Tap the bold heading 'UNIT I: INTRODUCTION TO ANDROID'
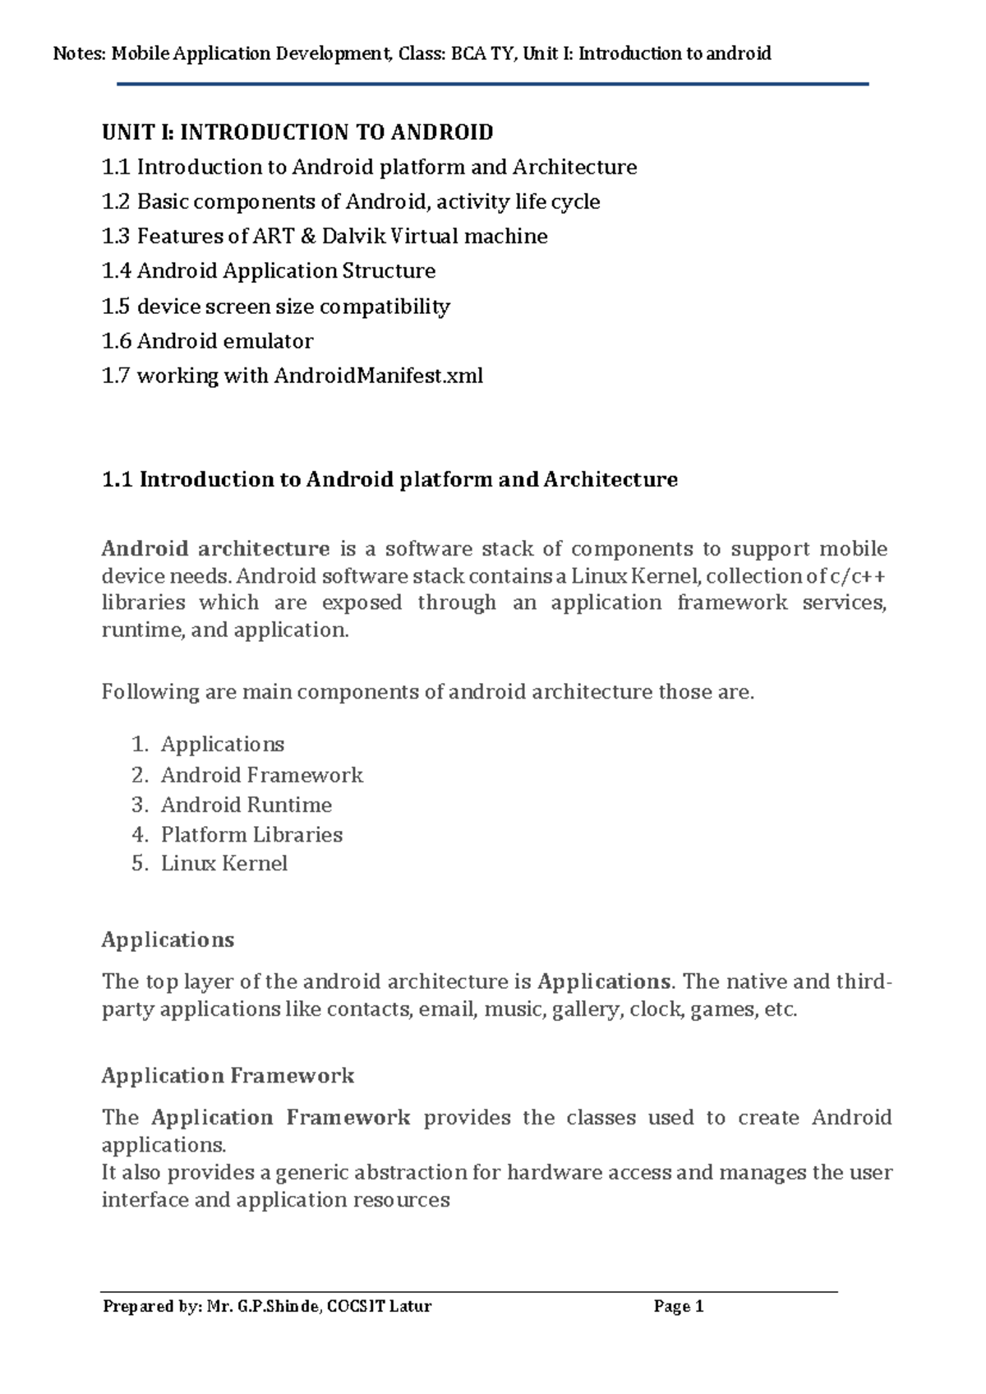pos(297,132)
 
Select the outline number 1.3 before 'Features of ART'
pos(116,237)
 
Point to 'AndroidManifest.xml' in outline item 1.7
pos(378,376)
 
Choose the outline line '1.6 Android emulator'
pos(207,341)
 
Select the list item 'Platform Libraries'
pos(251,834)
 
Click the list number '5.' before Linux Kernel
pos(140,863)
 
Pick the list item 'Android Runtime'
pos(246,805)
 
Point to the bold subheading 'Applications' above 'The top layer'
pos(168,939)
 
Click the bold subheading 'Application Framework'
pos(228,1075)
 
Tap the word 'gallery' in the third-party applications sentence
pos(587,1009)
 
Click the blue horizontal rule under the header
pos(493,84)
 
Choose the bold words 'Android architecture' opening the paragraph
pos(215,548)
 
